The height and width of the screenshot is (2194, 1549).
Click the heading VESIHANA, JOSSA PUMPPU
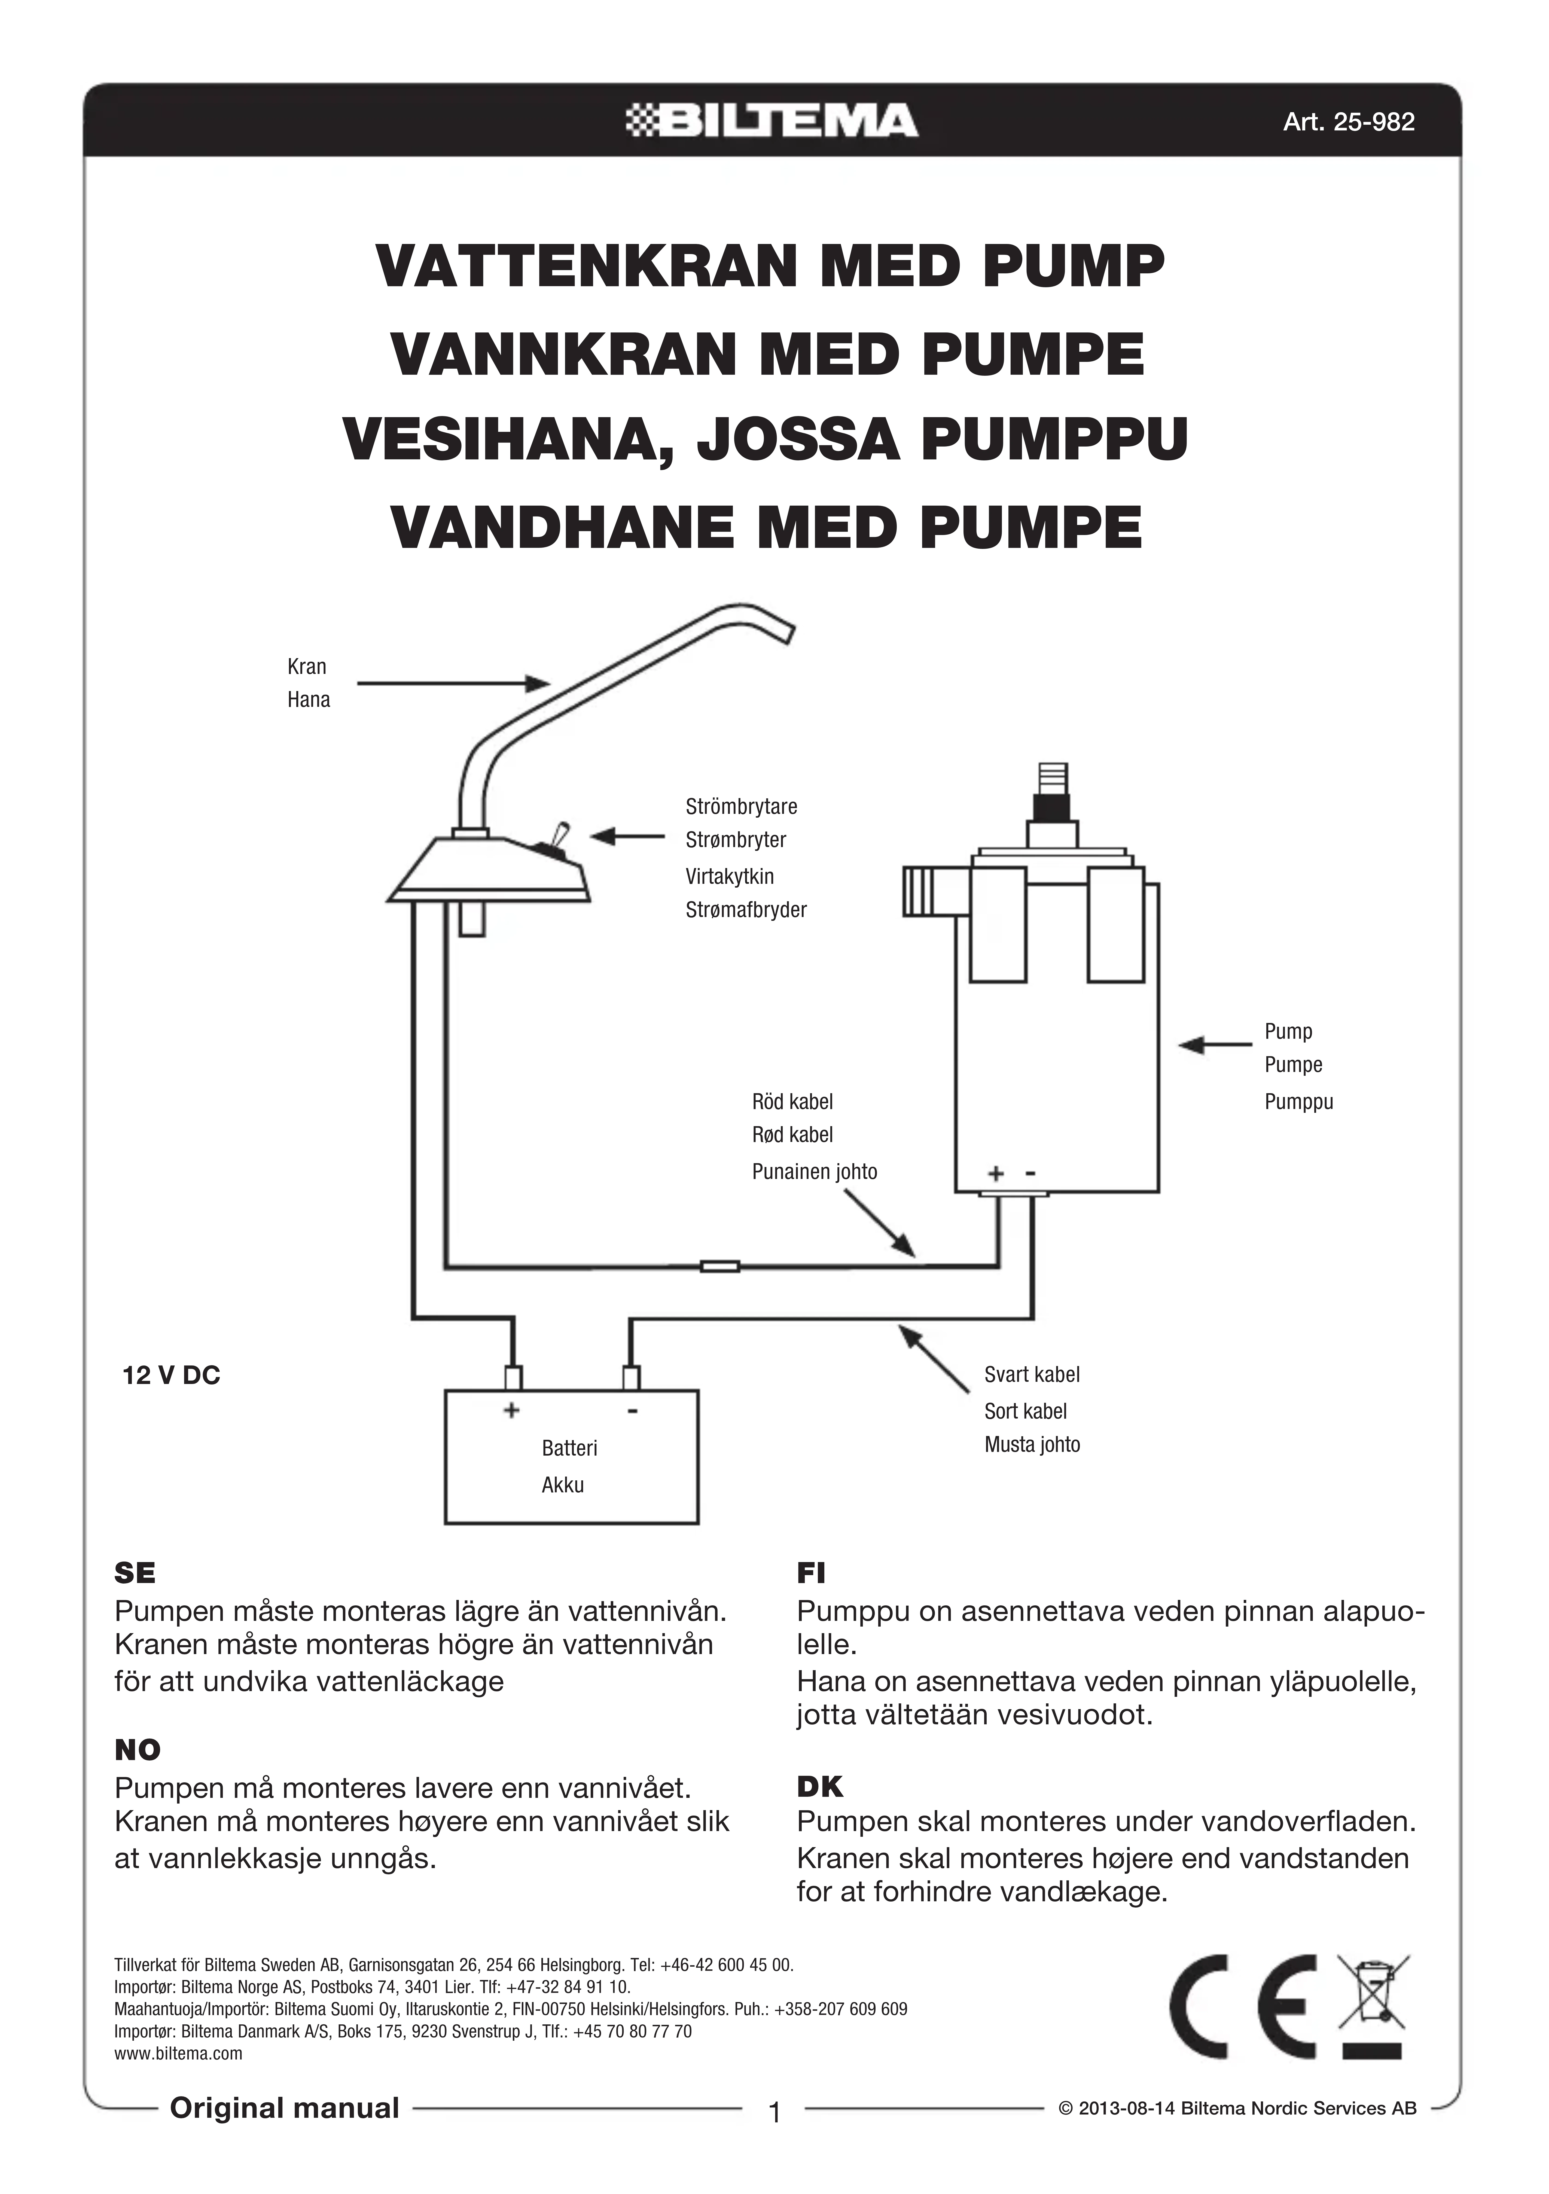point(764,439)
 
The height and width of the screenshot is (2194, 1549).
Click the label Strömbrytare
point(740,806)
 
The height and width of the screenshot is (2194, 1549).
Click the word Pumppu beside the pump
point(1298,1102)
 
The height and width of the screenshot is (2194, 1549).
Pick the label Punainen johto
point(814,1172)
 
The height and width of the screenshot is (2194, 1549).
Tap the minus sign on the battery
point(632,1410)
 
